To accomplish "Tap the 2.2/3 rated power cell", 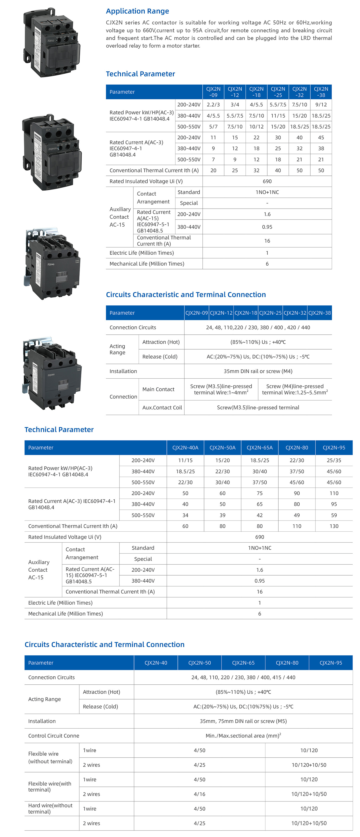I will click(213, 105).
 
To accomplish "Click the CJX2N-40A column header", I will click(185, 447).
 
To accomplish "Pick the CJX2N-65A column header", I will click(260, 447).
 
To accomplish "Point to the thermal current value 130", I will click(334, 526).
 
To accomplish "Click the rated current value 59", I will click(334, 515).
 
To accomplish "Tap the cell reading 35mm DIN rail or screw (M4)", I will click(258, 371).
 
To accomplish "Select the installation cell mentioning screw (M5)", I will click(243, 721).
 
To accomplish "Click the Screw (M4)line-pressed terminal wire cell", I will click(295, 389).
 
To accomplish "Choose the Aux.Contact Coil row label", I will click(162, 407).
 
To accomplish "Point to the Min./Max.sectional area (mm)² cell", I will click(243, 736).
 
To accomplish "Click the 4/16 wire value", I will click(200, 794).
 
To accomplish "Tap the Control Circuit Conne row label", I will click(54, 736).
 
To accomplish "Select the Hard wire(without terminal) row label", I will click(50, 808).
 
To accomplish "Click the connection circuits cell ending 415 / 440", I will click(243, 677).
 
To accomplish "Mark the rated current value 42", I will click(260, 515).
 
